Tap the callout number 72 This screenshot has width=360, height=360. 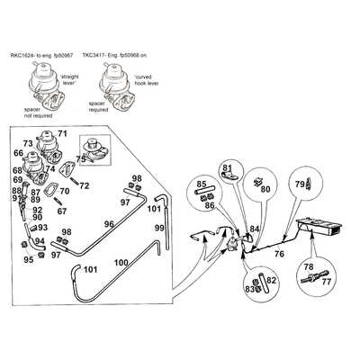tap(84, 185)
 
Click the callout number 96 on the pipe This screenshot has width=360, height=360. tap(108, 224)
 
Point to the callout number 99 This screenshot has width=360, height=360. tap(160, 229)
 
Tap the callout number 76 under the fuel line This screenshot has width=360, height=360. tap(279, 255)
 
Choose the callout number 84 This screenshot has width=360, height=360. tap(254, 229)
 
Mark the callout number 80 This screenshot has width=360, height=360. tap(265, 190)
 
